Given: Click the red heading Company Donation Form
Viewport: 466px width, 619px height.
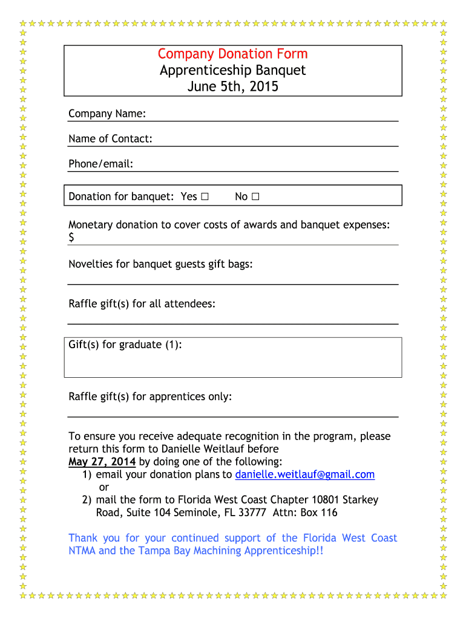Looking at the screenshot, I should click(233, 54).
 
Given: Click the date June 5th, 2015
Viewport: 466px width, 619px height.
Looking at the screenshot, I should click(233, 86).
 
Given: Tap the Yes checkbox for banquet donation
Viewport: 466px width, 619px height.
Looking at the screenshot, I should click(205, 196).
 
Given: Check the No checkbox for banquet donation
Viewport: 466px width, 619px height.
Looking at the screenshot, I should click(255, 196).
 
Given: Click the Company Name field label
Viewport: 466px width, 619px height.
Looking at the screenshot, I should click(107, 114).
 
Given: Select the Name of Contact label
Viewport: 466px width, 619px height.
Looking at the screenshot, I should click(110, 139).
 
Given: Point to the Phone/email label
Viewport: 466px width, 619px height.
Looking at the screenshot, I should click(100, 164).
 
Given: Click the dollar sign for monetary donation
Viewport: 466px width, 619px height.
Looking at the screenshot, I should click(72, 238).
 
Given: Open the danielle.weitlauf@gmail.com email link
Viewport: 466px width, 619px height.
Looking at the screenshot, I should click(305, 475).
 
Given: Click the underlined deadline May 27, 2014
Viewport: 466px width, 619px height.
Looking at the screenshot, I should click(102, 462).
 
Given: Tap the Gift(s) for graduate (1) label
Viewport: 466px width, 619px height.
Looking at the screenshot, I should click(125, 345).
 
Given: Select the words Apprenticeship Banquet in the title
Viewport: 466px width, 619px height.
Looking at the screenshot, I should click(233, 70).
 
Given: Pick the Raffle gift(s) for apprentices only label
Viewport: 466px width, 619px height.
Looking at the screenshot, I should click(150, 397).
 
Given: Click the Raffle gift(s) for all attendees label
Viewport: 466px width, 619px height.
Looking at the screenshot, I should click(142, 303).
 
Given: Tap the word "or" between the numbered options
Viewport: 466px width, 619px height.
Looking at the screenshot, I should click(103, 487).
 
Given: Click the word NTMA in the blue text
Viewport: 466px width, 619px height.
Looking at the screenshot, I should click(82, 551).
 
